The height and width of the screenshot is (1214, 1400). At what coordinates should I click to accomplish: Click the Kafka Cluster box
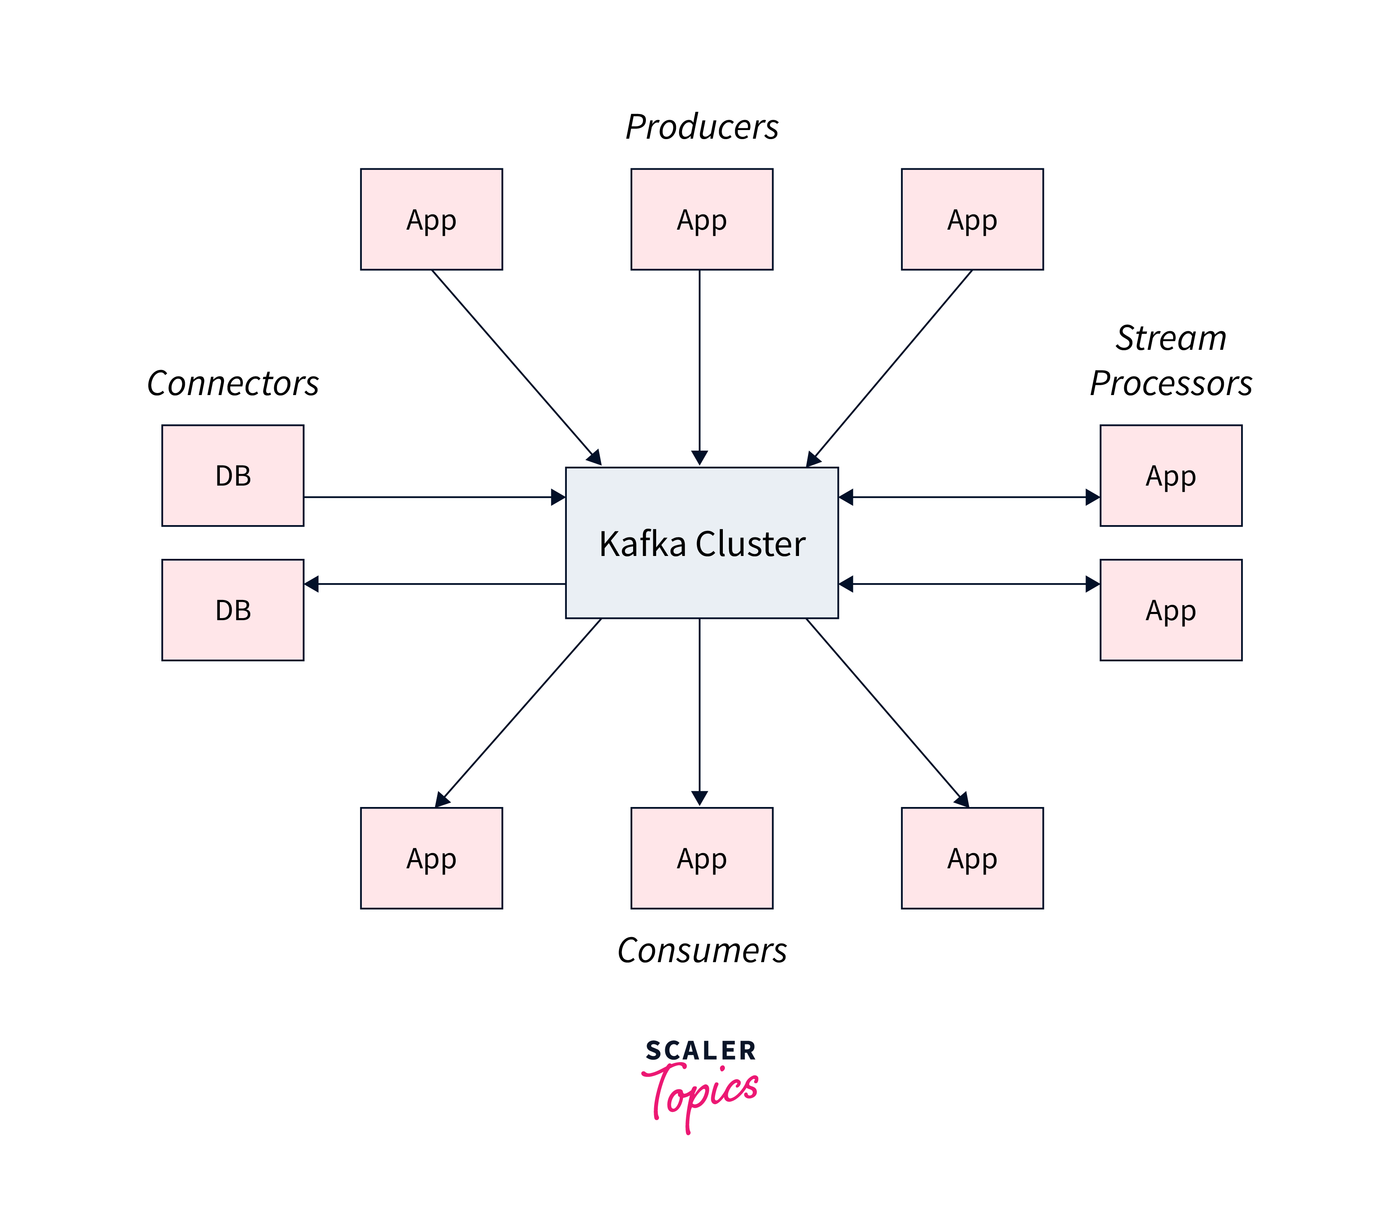[701, 543]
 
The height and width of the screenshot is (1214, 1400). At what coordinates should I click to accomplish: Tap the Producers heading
[701, 127]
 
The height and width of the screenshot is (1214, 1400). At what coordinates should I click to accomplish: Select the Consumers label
[701, 951]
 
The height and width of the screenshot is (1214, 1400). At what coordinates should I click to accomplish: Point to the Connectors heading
[233, 384]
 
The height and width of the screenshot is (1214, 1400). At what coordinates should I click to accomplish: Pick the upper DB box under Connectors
[233, 476]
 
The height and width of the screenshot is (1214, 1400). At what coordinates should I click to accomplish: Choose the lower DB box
[233, 610]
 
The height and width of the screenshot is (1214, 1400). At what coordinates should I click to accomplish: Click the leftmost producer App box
[431, 219]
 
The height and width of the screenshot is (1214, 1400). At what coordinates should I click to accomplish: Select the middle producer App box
[701, 219]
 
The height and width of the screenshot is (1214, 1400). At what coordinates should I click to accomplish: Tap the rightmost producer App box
[972, 219]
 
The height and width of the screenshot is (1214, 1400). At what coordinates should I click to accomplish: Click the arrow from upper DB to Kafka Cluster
[434, 497]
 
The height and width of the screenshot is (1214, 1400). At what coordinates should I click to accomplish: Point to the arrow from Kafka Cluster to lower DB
[434, 583]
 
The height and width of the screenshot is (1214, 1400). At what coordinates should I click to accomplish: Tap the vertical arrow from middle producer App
[699, 366]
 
